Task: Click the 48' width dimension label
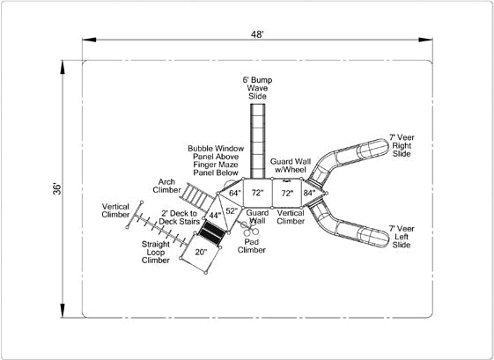coord(257,34)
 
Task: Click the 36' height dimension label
coord(57,188)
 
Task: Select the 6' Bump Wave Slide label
coord(257,88)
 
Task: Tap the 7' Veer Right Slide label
coord(402,145)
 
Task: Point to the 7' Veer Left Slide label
coord(402,237)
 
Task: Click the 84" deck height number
coord(309,193)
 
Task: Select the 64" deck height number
coord(235,193)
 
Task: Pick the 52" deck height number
coord(232,210)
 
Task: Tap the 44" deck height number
coord(215,216)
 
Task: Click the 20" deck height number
coord(201,252)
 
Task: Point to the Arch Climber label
coord(166,186)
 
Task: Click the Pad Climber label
coord(252,246)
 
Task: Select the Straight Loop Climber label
coord(156,252)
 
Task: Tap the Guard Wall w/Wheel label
coord(291,165)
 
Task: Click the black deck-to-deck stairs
coord(211,232)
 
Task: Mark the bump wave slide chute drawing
coord(257,141)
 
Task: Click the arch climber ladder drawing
coord(197,196)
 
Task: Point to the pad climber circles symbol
coord(250,230)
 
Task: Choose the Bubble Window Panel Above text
coord(216,152)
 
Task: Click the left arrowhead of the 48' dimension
coord(89,40)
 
